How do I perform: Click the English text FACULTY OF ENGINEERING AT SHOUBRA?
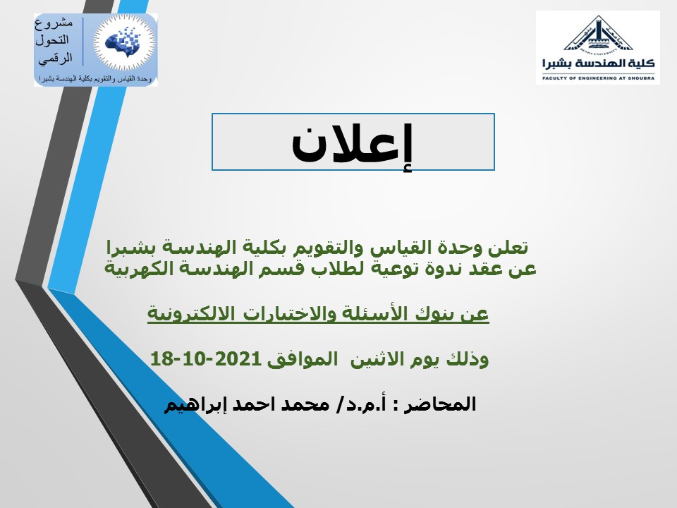pyautogui.click(x=598, y=78)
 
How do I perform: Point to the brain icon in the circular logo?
pyautogui.click(x=124, y=42)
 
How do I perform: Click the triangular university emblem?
pyautogui.click(x=598, y=34)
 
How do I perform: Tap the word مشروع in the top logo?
pyautogui.click(x=54, y=23)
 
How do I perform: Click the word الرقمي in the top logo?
pyautogui.click(x=55, y=59)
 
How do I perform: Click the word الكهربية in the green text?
pyautogui.click(x=133, y=268)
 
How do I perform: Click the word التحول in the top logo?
pyautogui.click(x=51, y=40)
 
